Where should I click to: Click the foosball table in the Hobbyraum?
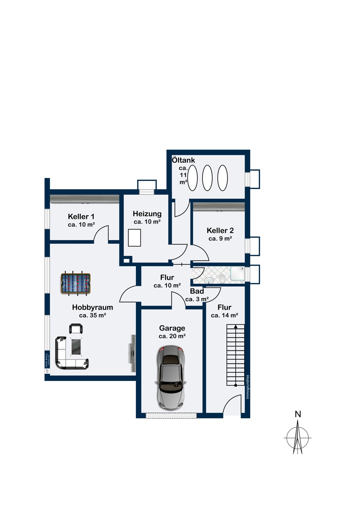pos(75,283)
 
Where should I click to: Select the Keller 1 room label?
pos(81,216)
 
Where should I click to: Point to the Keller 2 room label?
pos(220,231)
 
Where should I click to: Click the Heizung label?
pos(147,214)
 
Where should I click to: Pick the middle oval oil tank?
pos(207,178)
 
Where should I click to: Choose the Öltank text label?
pos(183,160)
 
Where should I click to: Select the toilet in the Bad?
pos(222,279)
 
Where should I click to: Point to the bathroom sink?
pos(209,280)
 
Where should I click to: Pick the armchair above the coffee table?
pos(76,329)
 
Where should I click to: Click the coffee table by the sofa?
pos(77,347)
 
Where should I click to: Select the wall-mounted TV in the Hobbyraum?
pos(132,353)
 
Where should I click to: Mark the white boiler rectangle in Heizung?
pos(134,238)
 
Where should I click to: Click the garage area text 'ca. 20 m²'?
pos(172,336)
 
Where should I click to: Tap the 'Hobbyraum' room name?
pos(93,307)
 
